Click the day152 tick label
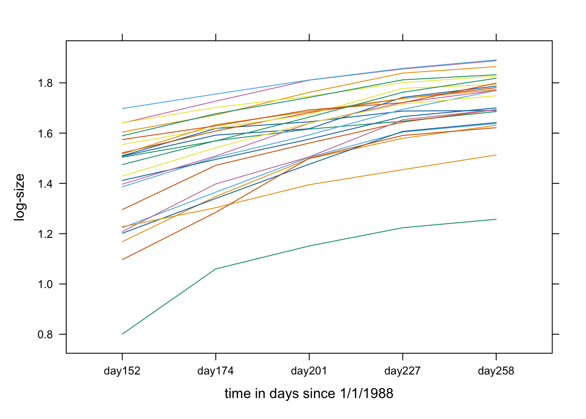point(122,371)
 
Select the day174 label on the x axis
point(215,371)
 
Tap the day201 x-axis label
point(309,371)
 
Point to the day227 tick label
point(402,371)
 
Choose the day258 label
point(496,371)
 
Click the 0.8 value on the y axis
point(45,335)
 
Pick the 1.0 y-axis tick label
point(45,284)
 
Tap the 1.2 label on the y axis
point(45,234)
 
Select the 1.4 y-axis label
point(45,184)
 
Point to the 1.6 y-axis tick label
point(45,133)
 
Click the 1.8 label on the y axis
point(45,83)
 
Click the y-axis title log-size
point(20,197)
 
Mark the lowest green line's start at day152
point(122,334)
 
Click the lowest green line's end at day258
point(496,219)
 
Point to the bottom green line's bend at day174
point(216,269)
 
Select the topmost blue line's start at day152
point(122,109)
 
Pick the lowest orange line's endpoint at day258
point(496,155)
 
